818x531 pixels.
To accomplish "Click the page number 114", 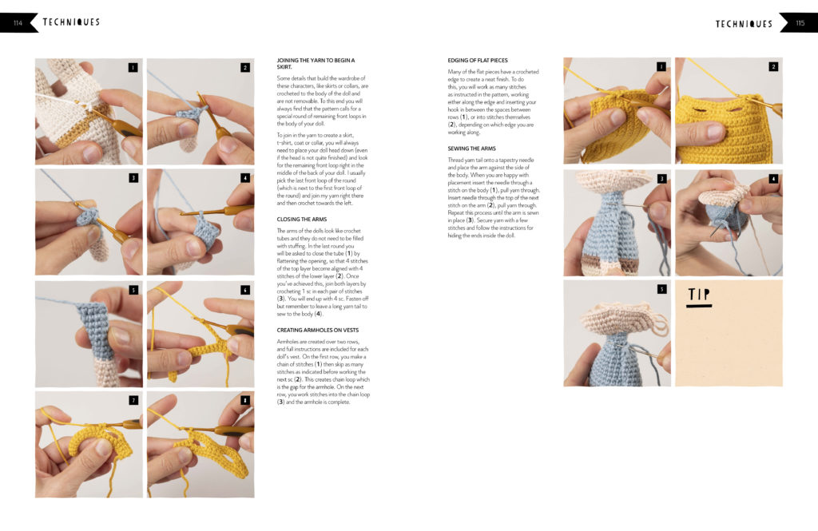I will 17,23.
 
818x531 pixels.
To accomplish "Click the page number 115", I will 800,23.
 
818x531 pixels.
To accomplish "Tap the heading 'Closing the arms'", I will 302,219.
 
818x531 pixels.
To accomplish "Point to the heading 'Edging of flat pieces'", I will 477,61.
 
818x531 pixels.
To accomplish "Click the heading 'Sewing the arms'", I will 472,149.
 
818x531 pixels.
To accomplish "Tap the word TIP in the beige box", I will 701,296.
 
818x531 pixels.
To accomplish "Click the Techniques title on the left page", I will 71,22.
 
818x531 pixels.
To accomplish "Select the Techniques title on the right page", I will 744,24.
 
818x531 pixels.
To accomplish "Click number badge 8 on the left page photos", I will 245,400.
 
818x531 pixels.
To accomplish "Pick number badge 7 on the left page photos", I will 133,400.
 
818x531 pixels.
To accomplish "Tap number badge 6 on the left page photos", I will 245,290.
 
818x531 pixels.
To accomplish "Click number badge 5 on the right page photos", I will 661,289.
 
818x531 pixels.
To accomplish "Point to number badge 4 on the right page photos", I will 773,179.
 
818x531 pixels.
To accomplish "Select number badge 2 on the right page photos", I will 773,67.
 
